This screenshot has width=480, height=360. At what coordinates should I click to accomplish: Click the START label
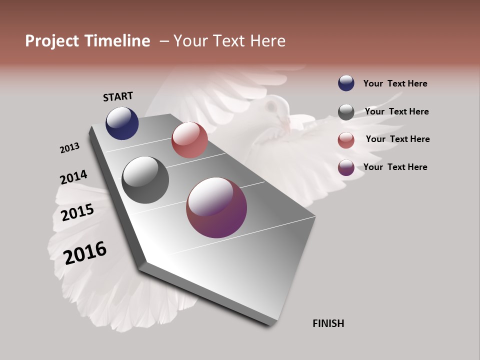pos(118,96)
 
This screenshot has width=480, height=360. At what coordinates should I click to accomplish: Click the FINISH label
pos(328,323)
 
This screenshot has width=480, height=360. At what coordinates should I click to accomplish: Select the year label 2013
pos(69,148)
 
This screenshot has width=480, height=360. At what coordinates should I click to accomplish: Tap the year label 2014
pos(73,177)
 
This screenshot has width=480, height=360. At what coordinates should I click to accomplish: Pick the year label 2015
pos(77,212)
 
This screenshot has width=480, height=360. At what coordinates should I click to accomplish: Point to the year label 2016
pos(85,252)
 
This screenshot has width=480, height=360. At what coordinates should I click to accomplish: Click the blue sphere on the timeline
pos(122,123)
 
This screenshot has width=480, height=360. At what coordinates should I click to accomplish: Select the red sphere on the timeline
pos(189,140)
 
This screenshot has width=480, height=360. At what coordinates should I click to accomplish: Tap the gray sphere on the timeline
pos(145,180)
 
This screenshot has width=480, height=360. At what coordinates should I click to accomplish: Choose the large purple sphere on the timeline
pos(216,207)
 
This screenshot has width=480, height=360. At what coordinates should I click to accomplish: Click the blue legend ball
pos(346,83)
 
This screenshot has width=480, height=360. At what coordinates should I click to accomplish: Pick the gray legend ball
pos(346,112)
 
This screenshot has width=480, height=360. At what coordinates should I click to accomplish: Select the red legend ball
pos(346,140)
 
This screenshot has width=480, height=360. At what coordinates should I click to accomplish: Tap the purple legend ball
pos(346,167)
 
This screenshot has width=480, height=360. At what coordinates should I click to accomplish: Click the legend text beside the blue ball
pos(395,83)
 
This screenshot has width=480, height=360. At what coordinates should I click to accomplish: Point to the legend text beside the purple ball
pos(395,167)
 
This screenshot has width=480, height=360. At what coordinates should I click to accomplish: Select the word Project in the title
pos(52,41)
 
